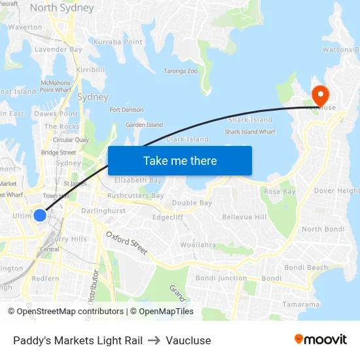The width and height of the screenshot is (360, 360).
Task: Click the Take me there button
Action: (x=179, y=160)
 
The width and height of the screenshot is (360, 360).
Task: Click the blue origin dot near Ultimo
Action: (x=40, y=215)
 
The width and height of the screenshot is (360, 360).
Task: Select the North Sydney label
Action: (x=62, y=9)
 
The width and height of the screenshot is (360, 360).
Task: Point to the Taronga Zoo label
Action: (x=180, y=71)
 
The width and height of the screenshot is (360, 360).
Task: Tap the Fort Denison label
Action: (x=126, y=110)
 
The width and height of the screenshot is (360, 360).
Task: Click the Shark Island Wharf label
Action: (x=250, y=132)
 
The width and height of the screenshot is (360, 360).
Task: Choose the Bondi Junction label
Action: (x=221, y=278)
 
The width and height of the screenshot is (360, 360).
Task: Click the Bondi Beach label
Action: (x=306, y=268)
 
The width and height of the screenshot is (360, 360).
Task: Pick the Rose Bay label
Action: (x=279, y=192)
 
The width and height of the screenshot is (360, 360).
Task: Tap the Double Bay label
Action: (x=192, y=203)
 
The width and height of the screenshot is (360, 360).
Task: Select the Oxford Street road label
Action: (x=126, y=243)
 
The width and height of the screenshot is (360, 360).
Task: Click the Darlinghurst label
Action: (x=103, y=211)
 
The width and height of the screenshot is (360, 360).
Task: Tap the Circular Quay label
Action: (x=71, y=139)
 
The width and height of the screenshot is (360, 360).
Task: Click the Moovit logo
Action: (x=320, y=340)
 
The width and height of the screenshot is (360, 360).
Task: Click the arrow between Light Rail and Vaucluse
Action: (x=154, y=340)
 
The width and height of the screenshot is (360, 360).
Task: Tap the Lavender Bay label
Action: (x=58, y=49)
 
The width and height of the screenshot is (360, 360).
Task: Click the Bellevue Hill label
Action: (x=244, y=217)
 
